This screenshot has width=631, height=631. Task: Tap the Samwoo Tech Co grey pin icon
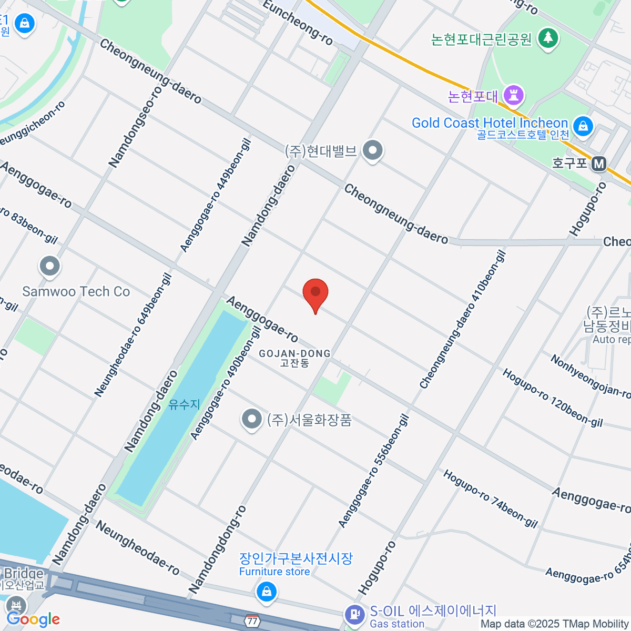(x=50, y=267)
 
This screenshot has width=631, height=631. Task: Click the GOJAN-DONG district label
(x=294, y=358)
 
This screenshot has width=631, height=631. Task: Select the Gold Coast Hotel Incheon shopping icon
(x=583, y=126)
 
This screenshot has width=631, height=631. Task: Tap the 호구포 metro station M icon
(x=598, y=164)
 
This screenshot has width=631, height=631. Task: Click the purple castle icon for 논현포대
(x=513, y=95)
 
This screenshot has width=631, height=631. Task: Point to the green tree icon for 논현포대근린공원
(x=548, y=38)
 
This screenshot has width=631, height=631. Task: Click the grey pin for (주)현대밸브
(x=373, y=151)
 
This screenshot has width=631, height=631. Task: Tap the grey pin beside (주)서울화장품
(x=252, y=420)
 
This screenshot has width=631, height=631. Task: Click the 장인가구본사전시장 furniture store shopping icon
(x=267, y=592)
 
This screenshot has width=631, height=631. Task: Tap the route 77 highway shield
(x=252, y=620)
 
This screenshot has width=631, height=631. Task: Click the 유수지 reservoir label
(x=184, y=404)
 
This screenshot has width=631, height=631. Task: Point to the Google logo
(x=34, y=619)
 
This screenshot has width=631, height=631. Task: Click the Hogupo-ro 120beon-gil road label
(x=552, y=398)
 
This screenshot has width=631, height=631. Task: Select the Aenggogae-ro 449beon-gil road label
(x=216, y=195)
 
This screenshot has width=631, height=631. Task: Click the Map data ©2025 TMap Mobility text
(x=555, y=624)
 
